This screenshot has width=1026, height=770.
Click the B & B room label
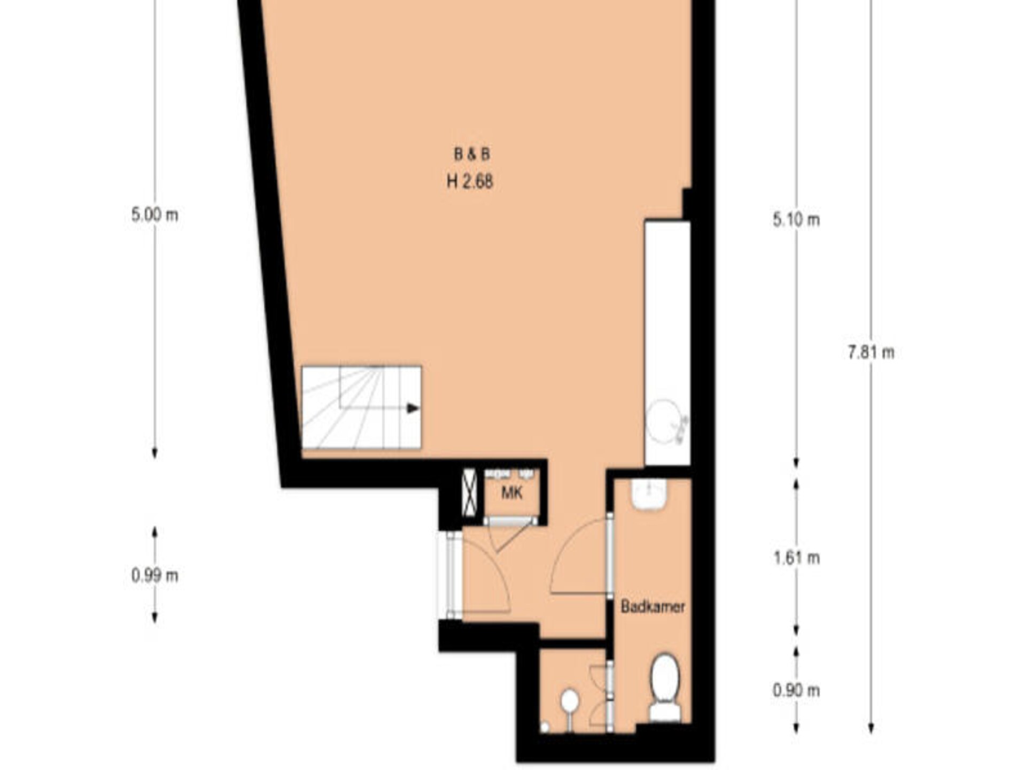471,155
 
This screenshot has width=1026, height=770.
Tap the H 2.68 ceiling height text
470,182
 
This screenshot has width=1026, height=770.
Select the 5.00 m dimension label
154,215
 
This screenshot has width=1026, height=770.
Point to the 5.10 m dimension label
796,220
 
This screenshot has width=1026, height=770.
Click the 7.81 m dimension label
870,352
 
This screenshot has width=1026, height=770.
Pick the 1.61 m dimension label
796,558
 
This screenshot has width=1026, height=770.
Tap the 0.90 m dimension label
796,690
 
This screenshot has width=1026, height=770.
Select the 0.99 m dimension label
154,575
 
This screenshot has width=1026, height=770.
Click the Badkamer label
652,607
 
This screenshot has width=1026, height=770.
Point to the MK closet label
511,492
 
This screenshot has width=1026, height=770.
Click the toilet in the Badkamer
665,688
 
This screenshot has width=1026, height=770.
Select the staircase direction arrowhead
413,409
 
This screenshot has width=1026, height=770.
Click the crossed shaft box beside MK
469,492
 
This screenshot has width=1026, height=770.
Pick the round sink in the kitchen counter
664,422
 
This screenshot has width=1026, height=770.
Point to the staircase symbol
362,407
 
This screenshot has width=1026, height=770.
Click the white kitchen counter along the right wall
667,343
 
